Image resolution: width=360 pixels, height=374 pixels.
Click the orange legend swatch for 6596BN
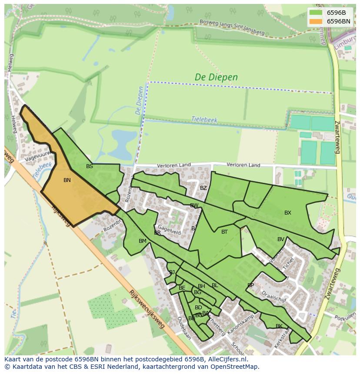[x=316, y=21]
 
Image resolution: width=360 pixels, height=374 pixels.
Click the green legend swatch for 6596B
[x=316, y=13]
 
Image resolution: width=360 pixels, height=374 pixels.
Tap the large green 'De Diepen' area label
[x=216, y=77]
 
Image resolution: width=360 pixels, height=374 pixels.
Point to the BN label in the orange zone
[x=67, y=180]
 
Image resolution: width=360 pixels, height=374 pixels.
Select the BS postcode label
[x=89, y=166]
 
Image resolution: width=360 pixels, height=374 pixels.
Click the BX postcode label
[x=287, y=213]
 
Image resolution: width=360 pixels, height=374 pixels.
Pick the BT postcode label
[x=224, y=232]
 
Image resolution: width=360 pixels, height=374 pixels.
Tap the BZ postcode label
[x=203, y=188]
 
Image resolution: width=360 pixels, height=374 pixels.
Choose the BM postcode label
[x=142, y=241]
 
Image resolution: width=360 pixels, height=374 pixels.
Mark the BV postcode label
[x=280, y=239]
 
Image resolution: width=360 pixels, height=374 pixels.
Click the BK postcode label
[x=279, y=326]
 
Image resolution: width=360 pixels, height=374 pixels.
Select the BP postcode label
[x=250, y=285]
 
